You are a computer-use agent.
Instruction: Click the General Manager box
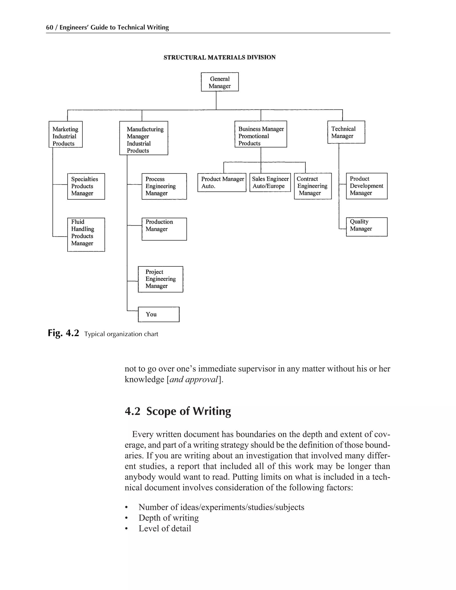click(x=220, y=82)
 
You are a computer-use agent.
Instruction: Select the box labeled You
click(x=159, y=314)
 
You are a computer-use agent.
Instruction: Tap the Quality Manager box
click(x=366, y=227)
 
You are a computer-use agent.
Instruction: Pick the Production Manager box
click(x=164, y=229)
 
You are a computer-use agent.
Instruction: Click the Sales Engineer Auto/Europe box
click(x=270, y=182)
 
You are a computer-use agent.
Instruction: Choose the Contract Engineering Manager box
click(x=313, y=186)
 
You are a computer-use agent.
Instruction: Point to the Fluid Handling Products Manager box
click(x=86, y=234)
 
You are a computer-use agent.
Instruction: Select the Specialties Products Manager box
click(x=86, y=186)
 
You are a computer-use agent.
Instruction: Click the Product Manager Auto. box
click(x=222, y=182)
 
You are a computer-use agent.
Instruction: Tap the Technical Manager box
click(x=346, y=132)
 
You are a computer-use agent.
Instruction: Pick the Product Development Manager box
click(x=366, y=186)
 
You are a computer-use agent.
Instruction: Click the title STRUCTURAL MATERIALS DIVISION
click(x=219, y=57)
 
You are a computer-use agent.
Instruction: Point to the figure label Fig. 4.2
click(x=63, y=333)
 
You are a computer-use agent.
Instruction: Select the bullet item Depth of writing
click(x=169, y=518)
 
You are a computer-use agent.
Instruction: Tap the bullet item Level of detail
click(x=165, y=528)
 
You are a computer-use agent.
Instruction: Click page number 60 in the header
click(x=49, y=28)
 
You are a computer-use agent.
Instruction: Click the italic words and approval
click(x=193, y=379)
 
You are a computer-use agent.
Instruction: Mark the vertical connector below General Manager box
click(x=216, y=100)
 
